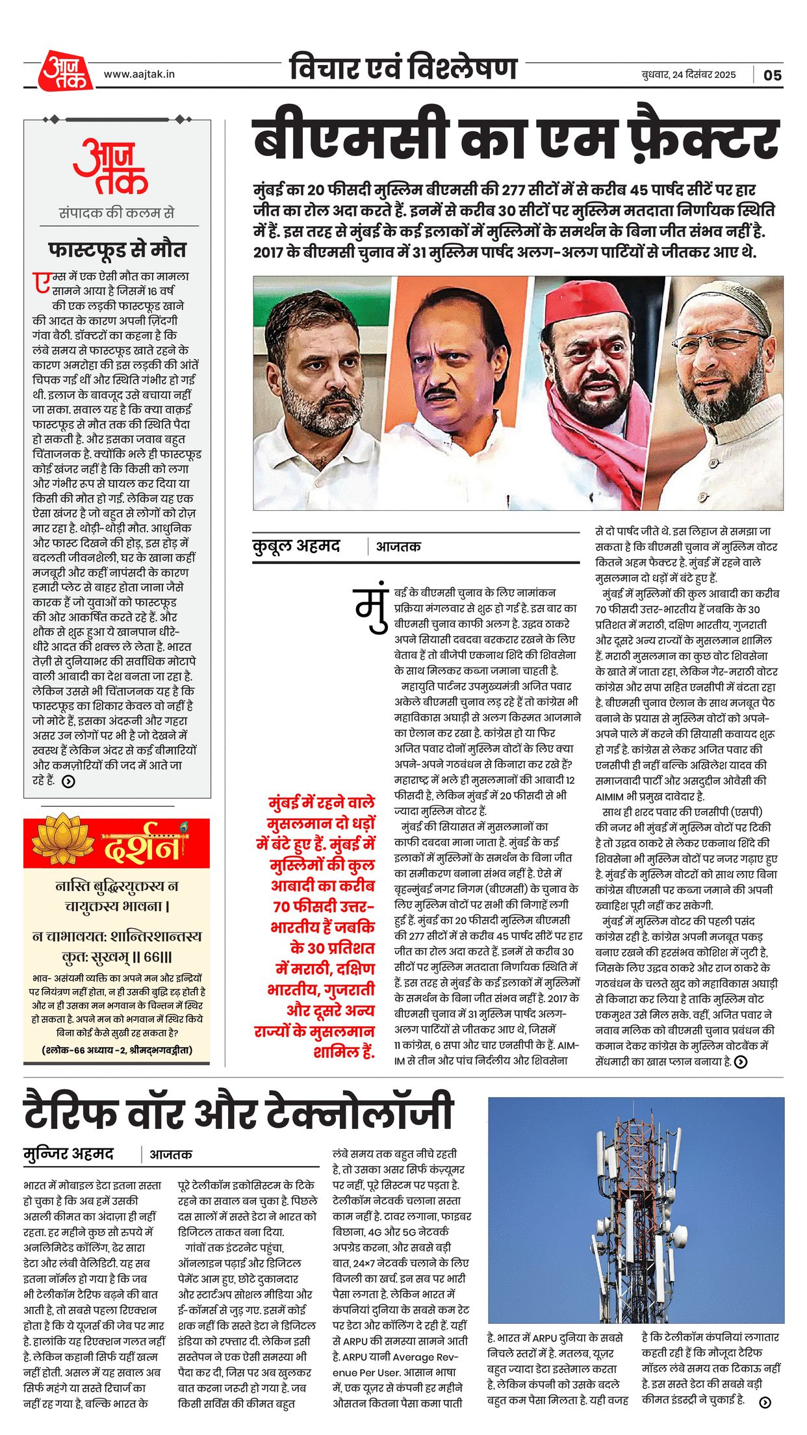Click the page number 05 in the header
pos(772,75)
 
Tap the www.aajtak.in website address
pos(139,74)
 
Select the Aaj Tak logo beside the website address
pos(65,70)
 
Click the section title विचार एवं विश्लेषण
pos(403,68)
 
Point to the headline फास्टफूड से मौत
pos(117,250)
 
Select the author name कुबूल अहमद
pos(296,546)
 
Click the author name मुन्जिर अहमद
pos(68,1154)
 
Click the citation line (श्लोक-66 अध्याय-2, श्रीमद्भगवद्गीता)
pos(118,1050)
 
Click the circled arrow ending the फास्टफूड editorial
pos(68,781)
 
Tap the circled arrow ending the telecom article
pos(765,1402)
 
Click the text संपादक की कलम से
pos(117,213)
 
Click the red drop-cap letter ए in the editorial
pos(42,281)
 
